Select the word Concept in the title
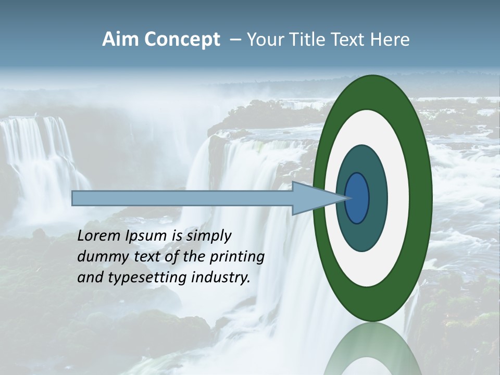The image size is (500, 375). point(182,40)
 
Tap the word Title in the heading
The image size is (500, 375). point(307,40)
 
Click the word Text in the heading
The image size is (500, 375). point(350,40)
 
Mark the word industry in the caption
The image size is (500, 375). point(221,278)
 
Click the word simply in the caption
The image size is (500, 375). point(208,236)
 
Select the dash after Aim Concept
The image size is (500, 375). point(235,40)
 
